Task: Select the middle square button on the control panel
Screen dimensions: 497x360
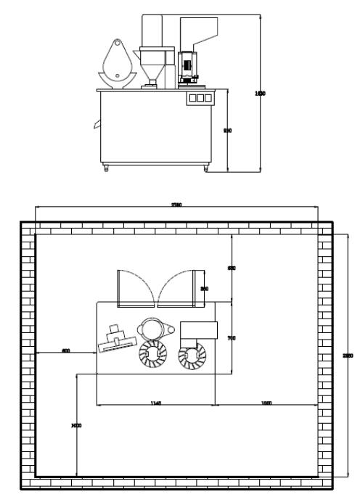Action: click(x=200, y=97)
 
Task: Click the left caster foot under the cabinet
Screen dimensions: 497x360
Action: click(x=107, y=169)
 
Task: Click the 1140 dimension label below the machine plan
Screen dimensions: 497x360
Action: click(x=155, y=403)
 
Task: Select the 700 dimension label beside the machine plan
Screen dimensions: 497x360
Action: click(x=232, y=338)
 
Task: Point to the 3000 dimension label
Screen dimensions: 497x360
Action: click(x=75, y=426)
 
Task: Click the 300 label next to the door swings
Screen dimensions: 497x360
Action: click(x=205, y=288)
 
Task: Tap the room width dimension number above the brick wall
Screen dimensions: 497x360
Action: click(x=176, y=206)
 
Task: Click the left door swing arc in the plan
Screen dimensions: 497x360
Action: click(x=137, y=287)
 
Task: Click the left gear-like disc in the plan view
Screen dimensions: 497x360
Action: click(x=153, y=356)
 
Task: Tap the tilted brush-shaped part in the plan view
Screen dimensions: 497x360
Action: click(x=117, y=340)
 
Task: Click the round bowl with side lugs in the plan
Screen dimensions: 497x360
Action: click(x=154, y=329)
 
